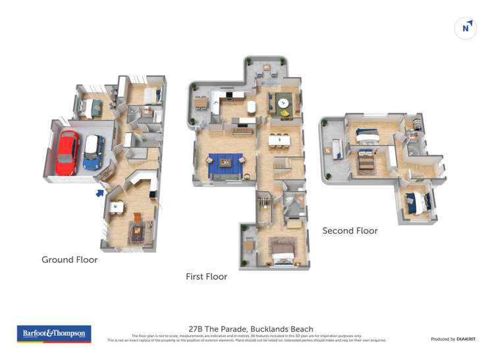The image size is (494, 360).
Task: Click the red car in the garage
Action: (67, 153)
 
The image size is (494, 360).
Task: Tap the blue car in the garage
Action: (94, 153)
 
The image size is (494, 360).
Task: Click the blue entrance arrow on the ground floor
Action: (99, 193)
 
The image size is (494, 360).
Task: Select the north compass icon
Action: (466, 28)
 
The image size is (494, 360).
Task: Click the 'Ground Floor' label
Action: (69, 260)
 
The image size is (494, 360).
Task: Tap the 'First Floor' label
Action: (206, 277)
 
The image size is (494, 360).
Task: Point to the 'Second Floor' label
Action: (350, 231)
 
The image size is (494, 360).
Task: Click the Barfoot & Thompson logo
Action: (54, 334)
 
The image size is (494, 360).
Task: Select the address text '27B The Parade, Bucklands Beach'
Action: (251, 329)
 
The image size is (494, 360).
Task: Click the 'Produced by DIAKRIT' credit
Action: (453, 339)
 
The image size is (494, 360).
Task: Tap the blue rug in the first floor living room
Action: (226, 166)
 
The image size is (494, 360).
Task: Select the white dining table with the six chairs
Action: (279, 140)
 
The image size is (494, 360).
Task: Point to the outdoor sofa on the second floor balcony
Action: (336, 149)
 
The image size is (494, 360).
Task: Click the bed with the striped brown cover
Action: (364, 160)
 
